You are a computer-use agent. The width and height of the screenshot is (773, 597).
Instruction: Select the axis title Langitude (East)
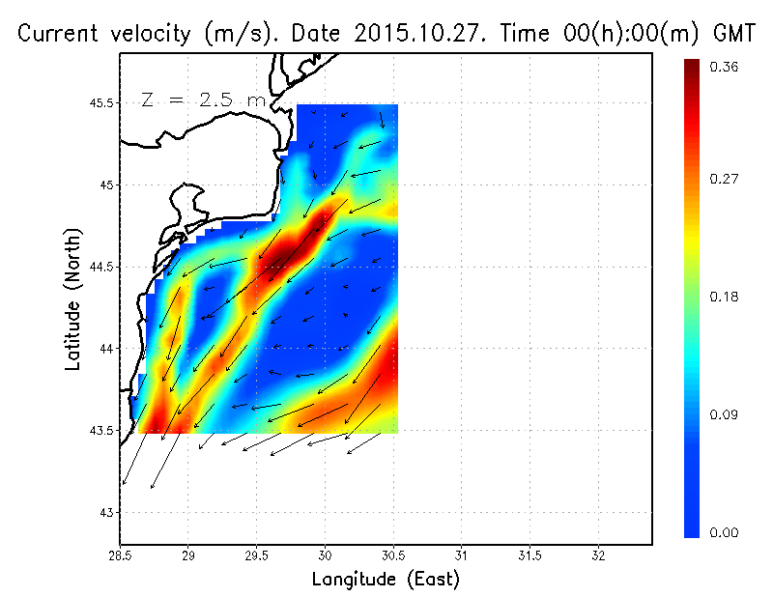tap(386, 579)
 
